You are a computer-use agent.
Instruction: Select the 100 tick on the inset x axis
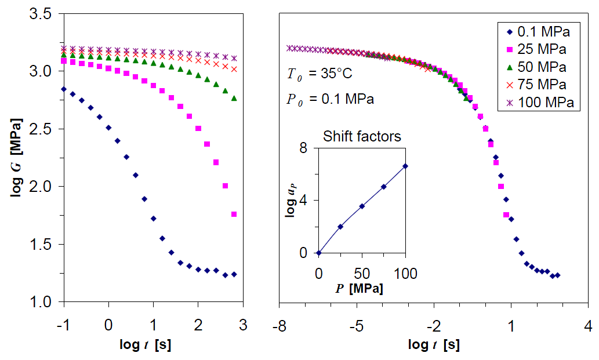tap(406, 273)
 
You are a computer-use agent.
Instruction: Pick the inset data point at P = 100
tap(406, 166)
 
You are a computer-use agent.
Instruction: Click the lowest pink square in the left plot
tap(234, 214)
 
